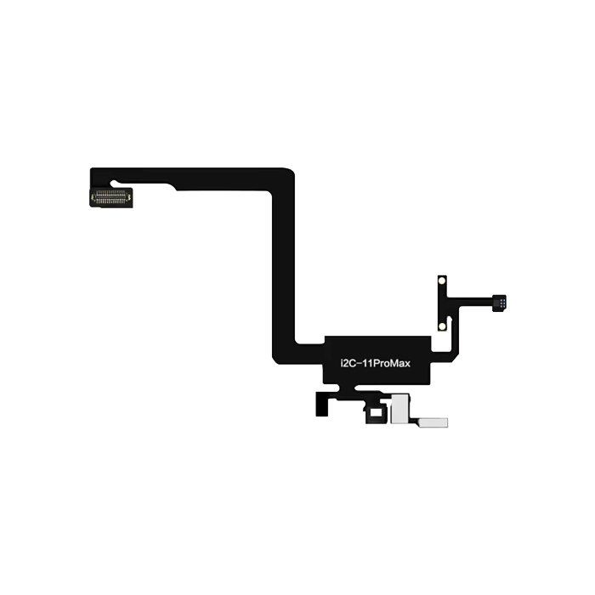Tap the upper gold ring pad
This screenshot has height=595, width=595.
[x=441, y=281]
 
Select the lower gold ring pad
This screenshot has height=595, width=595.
[x=441, y=324]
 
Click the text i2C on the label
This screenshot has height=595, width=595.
[x=336, y=364]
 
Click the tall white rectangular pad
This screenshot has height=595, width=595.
[x=397, y=409]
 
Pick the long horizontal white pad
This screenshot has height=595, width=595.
[x=431, y=422]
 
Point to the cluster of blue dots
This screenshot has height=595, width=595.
[x=503, y=301]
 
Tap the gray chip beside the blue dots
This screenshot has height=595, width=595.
[x=497, y=301]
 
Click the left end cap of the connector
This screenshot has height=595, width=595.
[x=93, y=197]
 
